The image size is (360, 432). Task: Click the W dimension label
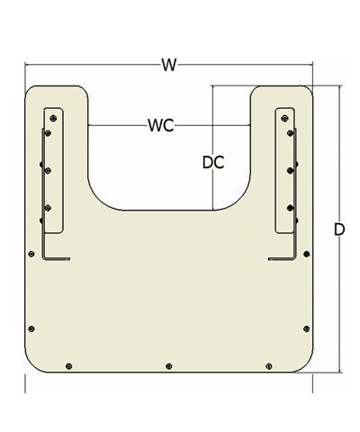point(168,65)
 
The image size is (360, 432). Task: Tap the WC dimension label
point(161,125)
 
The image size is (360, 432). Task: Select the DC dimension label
point(213,163)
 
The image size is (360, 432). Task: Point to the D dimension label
point(339,229)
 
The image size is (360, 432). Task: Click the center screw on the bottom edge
point(169,366)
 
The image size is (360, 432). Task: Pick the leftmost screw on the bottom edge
point(68,366)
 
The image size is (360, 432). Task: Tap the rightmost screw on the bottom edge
point(269,366)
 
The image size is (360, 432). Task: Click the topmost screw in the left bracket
point(53,118)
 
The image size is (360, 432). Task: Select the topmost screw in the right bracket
point(284,118)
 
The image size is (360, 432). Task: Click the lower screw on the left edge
point(31,328)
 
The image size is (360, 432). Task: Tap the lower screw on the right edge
point(306,328)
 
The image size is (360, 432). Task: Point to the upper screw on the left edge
point(31,254)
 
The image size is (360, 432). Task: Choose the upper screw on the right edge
point(306,254)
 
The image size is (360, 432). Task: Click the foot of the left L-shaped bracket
point(57,258)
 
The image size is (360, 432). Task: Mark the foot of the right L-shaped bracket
point(282,258)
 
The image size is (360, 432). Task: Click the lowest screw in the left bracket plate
point(48,208)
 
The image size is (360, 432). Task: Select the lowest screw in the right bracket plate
point(290,208)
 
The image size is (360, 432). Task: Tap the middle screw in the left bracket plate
point(48,171)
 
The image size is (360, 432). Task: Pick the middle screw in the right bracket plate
point(290,171)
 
